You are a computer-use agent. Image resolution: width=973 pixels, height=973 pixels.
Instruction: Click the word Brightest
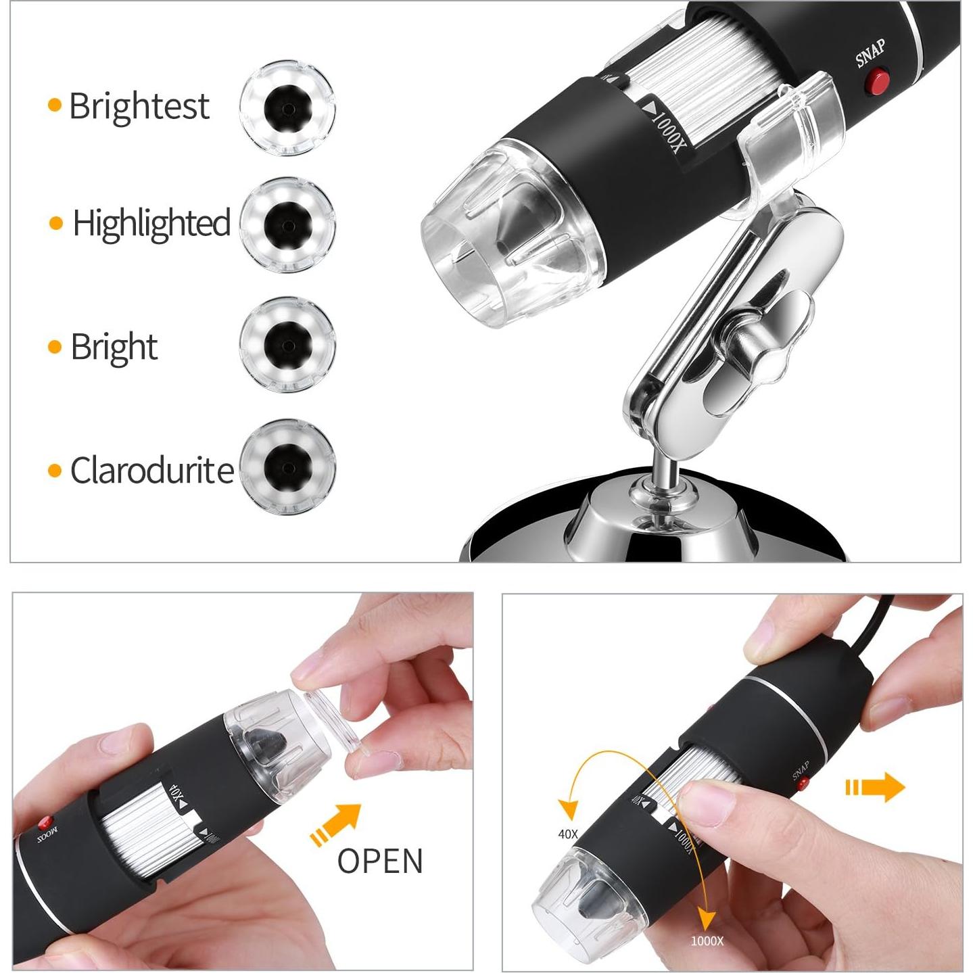(139, 106)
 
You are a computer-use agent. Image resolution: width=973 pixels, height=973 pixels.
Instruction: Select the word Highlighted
(151, 224)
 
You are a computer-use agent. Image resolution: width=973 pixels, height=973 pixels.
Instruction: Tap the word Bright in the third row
(114, 348)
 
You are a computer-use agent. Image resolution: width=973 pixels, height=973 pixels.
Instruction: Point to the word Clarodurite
(152, 471)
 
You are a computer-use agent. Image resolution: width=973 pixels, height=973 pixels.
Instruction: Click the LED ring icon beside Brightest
(287, 108)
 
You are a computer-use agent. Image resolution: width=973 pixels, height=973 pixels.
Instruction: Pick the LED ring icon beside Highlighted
(287, 225)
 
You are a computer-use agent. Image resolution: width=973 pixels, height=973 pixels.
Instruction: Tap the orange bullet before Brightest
(55, 105)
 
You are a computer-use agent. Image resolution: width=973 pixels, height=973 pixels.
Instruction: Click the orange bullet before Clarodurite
(55, 471)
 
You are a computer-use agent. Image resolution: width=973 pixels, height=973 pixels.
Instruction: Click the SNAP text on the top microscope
(870, 53)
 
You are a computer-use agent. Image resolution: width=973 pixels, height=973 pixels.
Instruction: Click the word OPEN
(380, 861)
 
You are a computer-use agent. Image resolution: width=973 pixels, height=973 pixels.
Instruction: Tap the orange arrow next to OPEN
(335, 824)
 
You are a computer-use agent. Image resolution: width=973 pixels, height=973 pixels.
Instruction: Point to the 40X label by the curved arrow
(568, 834)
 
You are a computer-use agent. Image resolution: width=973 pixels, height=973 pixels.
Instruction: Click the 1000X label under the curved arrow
(707, 941)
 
